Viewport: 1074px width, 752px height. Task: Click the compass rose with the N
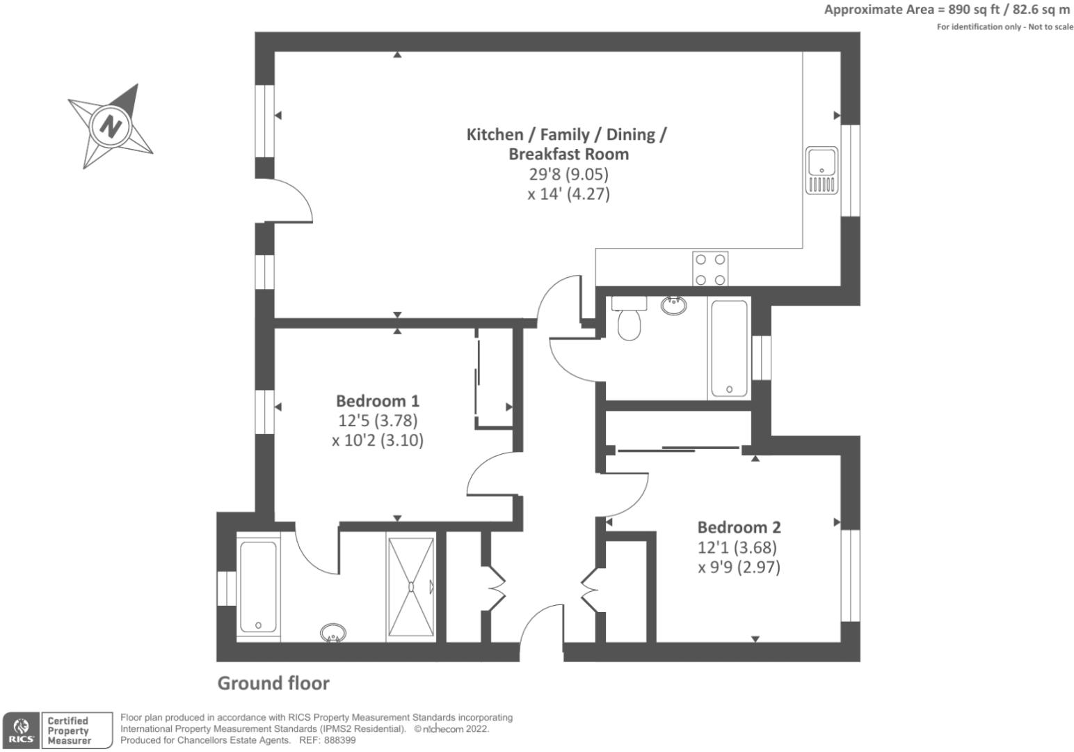coord(110,126)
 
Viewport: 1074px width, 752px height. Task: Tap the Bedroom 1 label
coord(378,401)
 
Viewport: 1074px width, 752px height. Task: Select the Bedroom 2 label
coord(739,527)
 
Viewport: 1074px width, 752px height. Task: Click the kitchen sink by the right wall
coord(821,171)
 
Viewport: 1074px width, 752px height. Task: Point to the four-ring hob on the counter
coord(710,269)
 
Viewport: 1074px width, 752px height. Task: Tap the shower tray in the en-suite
coord(411,586)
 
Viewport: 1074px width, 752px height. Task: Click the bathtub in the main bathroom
coord(728,347)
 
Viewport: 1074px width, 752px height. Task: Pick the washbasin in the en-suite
coord(333,633)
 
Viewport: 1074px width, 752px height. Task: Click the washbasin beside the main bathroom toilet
coord(673,306)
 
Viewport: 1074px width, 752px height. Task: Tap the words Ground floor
coord(273,683)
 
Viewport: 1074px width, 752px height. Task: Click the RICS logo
coord(21,730)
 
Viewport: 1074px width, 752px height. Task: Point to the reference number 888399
coord(341,741)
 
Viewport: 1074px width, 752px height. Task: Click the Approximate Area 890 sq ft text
coord(947,10)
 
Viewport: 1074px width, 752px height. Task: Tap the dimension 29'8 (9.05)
coord(568,174)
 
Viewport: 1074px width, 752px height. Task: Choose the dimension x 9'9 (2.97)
coord(739,567)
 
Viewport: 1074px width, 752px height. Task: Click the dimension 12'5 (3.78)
coord(378,421)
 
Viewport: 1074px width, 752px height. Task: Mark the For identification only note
coord(1004,27)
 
